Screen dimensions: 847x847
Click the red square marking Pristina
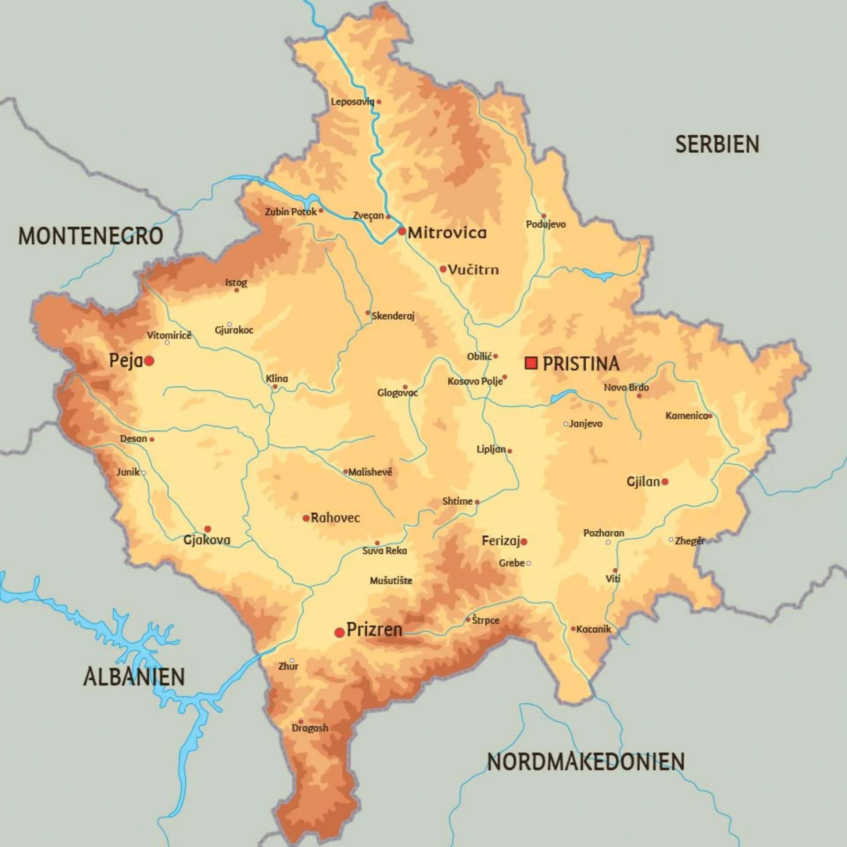tap(531, 363)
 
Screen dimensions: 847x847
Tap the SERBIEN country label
tap(717, 145)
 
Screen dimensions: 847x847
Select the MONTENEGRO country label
tap(90, 236)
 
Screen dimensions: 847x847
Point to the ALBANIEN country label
tap(134, 677)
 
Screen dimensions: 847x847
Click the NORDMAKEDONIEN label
tap(585, 762)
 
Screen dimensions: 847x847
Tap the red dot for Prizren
tap(339, 633)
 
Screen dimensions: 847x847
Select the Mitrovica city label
tap(447, 233)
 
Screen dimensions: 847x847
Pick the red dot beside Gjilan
tap(665, 482)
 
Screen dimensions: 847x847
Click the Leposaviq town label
tap(352, 102)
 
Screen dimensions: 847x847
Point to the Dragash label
tap(310, 728)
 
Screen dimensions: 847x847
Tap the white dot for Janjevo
tap(566, 424)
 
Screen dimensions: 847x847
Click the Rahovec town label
tap(335, 518)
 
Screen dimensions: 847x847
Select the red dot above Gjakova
tap(208, 529)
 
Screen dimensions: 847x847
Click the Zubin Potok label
tap(290, 212)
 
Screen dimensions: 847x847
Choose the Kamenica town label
tap(686, 416)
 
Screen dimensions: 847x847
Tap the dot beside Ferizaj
tap(524, 542)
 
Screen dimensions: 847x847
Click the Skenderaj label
tap(393, 316)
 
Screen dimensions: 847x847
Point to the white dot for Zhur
tap(292, 660)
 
